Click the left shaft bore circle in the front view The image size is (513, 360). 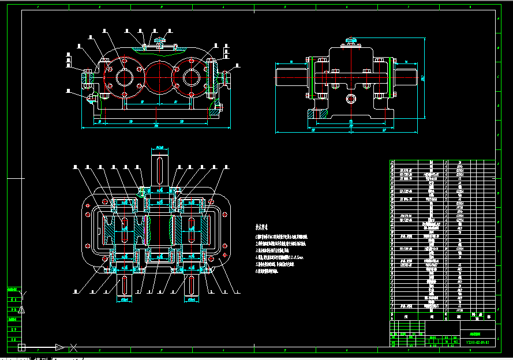click(x=125, y=76)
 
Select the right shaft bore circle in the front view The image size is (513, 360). click(x=191, y=76)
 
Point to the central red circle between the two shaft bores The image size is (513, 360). click(x=159, y=76)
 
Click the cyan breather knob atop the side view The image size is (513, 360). click(x=351, y=40)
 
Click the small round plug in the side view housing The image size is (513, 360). click(x=351, y=99)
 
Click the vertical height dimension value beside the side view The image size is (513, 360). click(x=423, y=77)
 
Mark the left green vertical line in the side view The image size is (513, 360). click(x=312, y=77)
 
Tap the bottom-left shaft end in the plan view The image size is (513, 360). click(x=125, y=288)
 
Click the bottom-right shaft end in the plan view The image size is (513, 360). click(x=192, y=288)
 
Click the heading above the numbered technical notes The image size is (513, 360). click(x=263, y=227)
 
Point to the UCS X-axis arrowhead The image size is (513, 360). click(x=60, y=347)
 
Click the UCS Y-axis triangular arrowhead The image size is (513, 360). click(x=21, y=310)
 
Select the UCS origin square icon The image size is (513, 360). click(x=21, y=347)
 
